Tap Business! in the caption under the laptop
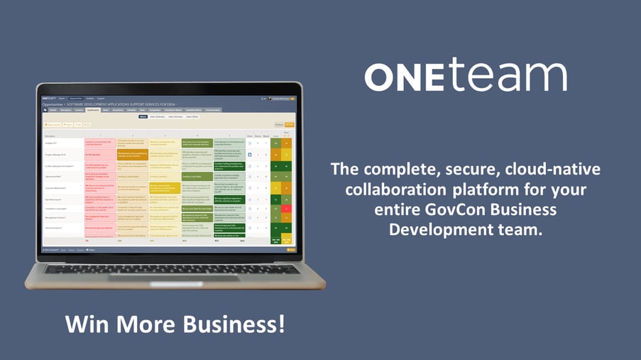point(232,324)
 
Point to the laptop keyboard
point(171,268)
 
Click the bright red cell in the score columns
point(287,208)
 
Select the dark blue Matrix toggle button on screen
point(143,116)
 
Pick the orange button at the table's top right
point(290,124)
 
